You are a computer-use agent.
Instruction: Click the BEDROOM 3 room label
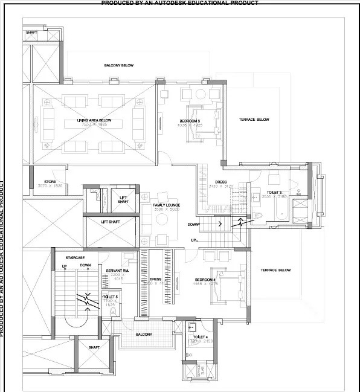coord(190,120)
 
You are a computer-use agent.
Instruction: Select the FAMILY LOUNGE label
coord(167,205)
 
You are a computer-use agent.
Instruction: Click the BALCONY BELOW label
coord(118,65)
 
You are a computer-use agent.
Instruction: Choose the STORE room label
coord(50,181)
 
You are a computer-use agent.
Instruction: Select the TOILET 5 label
coord(111,297)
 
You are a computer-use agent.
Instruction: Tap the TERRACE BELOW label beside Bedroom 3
coord(254,120)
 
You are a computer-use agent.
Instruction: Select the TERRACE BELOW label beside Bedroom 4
coord(276,270)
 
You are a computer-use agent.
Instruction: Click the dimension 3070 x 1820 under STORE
coord(50,186)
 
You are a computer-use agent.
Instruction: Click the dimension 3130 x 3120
coord(220,187)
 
